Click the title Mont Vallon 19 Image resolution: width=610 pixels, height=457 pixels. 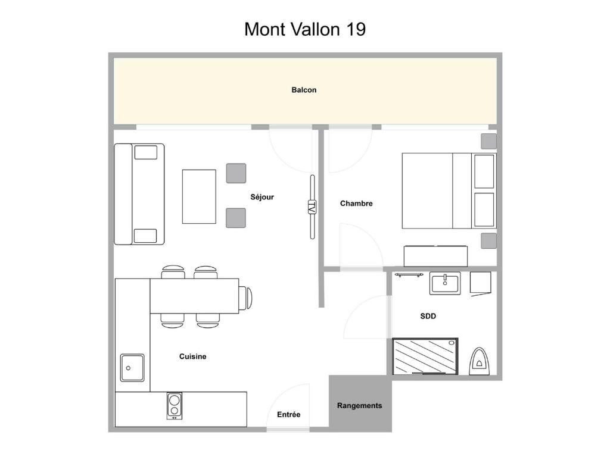pos(305,29)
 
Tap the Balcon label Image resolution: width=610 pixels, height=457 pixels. pos(304,90)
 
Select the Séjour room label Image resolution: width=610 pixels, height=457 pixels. pos(262,197)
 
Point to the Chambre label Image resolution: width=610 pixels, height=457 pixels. pos(356,204)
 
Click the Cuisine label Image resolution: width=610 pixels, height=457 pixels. pos(192,356)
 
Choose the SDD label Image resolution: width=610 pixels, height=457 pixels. pos(428,316)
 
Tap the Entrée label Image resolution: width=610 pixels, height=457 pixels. pos(288,415)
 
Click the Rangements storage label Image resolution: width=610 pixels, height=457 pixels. pos(359,406)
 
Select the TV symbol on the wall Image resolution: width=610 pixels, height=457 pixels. pos(312,206)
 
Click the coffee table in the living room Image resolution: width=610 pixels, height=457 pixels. pos(199,196)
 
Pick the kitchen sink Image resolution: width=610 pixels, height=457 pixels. pos(132,368)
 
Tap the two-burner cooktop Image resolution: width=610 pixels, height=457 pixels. pos(175,406)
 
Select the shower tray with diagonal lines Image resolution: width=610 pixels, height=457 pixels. pos(425,356)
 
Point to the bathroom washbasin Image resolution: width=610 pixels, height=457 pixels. pos(445,283)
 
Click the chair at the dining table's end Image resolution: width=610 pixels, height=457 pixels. pos(245,298)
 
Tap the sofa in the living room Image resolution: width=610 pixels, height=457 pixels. pos(139,195)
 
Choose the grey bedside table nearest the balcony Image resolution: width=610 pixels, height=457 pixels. pos(488,141)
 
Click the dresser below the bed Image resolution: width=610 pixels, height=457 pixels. pos(435,256)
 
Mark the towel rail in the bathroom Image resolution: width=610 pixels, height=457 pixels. pos(409,275)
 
